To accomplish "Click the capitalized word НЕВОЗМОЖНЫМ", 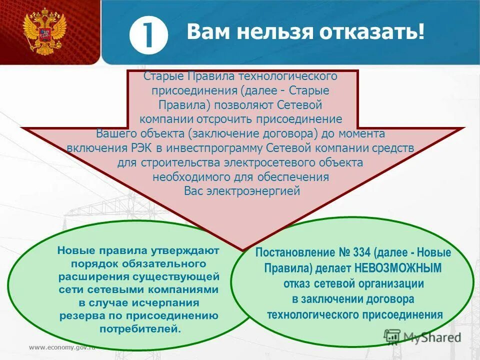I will pyautogui.click(x=399, y=268).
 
